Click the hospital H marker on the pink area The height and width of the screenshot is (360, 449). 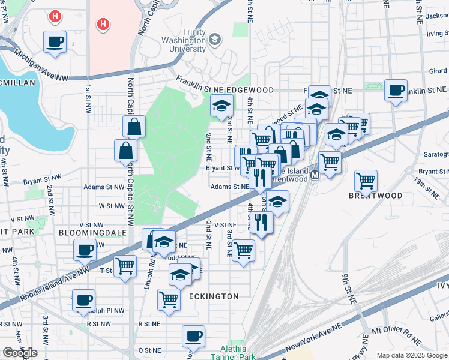tap(103, 25)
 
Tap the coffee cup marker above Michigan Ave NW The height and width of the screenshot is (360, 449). tap(55, 42)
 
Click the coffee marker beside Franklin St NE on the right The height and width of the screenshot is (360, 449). tap(396, 91)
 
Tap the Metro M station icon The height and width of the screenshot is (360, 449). tap(313, 175)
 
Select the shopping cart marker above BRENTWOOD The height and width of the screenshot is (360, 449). tap(366, 180)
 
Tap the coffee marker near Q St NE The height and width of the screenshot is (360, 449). tap(193, 336)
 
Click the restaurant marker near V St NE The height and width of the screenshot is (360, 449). tap(262, 222)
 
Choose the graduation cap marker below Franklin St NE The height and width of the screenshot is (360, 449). tap(221, 107)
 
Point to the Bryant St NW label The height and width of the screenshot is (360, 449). tap(42, 180)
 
